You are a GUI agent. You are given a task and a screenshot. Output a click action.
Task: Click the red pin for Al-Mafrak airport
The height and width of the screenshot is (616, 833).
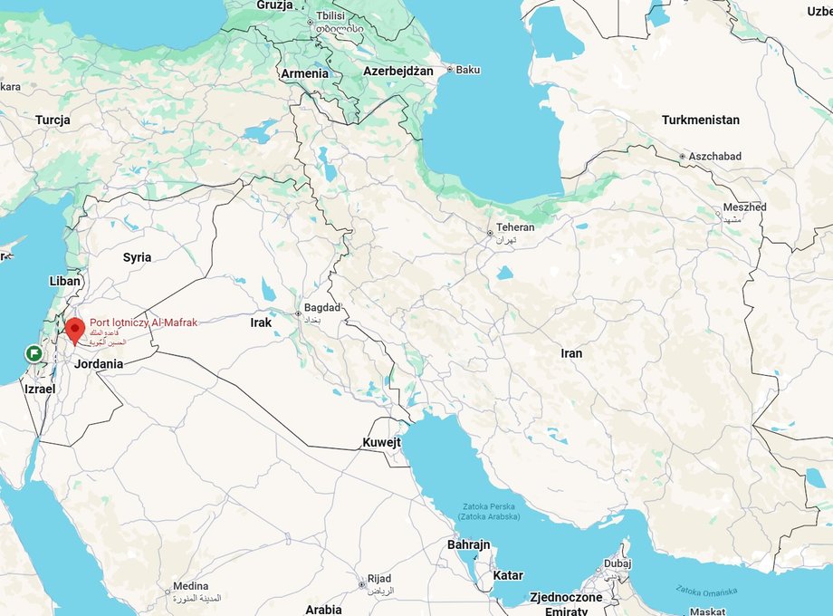pyautogui.click(x=75, y=329)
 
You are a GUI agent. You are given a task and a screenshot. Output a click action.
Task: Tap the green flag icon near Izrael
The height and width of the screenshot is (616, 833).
pyautogui.click(x=34, y=353)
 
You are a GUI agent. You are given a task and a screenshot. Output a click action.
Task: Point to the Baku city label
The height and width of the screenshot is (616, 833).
pyautogui.click(x=468, y=70)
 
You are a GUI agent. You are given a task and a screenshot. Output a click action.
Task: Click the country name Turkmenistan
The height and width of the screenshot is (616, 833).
pyautogui.click(x=700, y=120)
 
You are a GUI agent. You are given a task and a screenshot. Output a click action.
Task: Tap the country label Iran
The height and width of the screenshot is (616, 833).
pyautogui.click(x=571, y=353)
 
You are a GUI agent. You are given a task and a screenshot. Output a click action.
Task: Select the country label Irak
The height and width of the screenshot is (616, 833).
pyautogui.click(x=261, y=322)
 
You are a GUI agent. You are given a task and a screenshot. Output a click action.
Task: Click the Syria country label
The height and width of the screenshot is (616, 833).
pyautogui.click(x=137, y=257)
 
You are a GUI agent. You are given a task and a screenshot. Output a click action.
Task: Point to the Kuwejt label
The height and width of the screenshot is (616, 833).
pyautogui.click(x=381, y=442)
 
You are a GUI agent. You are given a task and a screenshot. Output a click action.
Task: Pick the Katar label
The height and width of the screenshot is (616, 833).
pyautogui.click(x=508, y=575)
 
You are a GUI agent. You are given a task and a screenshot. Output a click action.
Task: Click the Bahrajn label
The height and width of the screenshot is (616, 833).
pyautogui.click(x=468, y=544)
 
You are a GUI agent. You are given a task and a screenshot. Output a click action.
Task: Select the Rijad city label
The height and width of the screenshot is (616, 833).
pyautogui.click(x=378, y=579)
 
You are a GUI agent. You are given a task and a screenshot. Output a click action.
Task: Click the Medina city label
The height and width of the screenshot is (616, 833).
pyautogui.click(x=190, y=586)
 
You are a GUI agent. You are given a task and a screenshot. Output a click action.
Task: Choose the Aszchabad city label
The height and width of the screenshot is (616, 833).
pyautogui.click(x=714, y=156)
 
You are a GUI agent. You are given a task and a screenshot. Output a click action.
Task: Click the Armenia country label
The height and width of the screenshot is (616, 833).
pyautogui.click(x=304, y=73)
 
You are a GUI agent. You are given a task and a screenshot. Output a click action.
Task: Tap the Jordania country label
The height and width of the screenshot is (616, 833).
pyautogui.click(x=99, y=363)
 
